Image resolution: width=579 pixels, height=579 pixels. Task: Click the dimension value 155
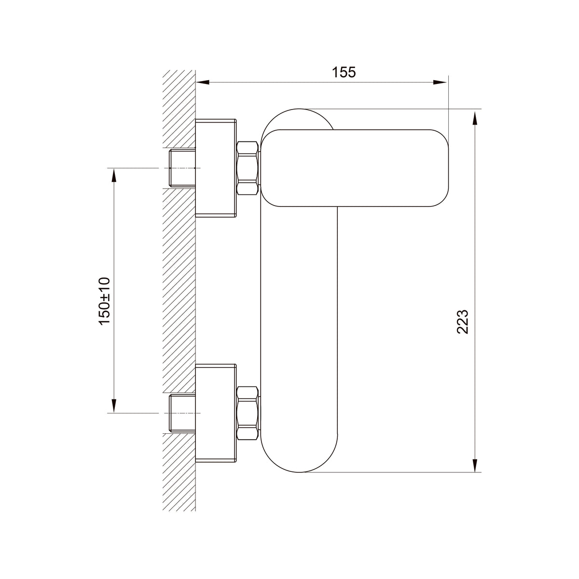(x=344, y=72)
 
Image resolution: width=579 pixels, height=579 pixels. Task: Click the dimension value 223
(x=462, y=321)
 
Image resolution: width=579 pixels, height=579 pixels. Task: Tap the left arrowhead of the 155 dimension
(x=202, y=83)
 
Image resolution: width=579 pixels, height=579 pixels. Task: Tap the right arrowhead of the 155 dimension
(x=440, y=83)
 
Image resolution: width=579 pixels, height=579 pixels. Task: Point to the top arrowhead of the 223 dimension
(x=475, y=118)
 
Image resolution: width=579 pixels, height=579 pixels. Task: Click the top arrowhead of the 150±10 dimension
(x=113, y=175)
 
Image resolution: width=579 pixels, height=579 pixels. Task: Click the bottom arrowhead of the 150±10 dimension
(x=113, y=406)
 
